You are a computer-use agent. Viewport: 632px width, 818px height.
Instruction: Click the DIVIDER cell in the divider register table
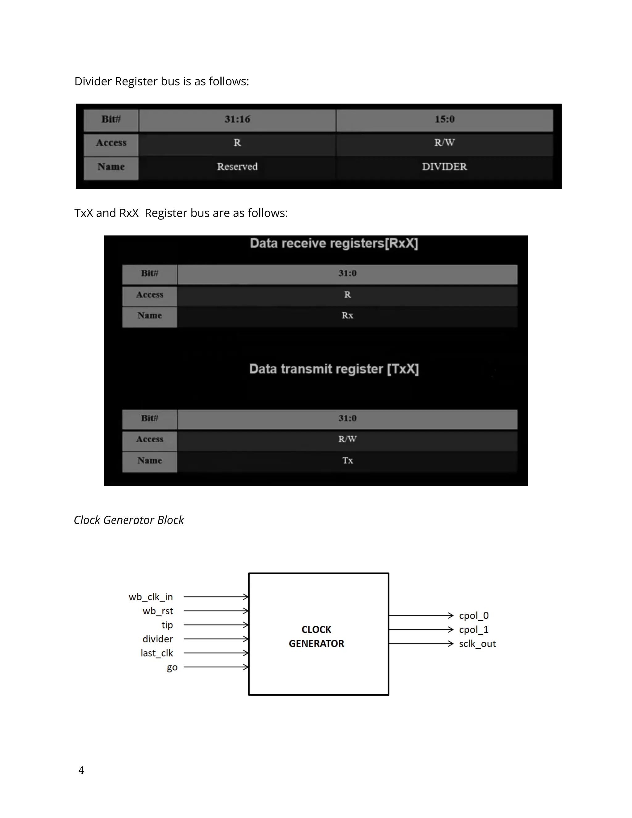click(x=444, y=167)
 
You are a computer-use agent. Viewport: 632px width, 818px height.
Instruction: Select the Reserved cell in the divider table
click(x=237, y=167)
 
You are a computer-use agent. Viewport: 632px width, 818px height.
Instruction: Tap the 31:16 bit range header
click(x=237, y=119)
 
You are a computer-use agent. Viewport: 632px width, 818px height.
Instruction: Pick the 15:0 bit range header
click(x=444, y=119)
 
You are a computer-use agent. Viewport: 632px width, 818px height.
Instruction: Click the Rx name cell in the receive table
click(x=347, y=315)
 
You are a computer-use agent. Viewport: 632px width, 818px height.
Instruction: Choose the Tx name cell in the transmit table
click(x=347, y=460)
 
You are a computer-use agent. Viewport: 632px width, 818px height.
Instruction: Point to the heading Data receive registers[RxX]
click(x=334, y=244)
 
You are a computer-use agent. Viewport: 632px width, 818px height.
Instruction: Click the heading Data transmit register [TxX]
click(x=334, y=369)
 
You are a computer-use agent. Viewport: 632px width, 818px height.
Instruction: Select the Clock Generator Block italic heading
click(x=129, y=520)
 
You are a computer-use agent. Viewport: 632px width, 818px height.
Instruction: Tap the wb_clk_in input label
click(x=151, y=597)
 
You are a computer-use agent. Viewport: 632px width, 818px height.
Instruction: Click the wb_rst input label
click(x=158, y=611)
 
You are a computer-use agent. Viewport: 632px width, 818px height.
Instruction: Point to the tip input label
click(x=167, y=625)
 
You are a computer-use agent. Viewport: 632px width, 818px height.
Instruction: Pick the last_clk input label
click(x=156, y=653)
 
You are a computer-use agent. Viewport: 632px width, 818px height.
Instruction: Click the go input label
click(x=172, y=667)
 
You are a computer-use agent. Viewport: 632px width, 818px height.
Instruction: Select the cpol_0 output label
click(x=474, y=616)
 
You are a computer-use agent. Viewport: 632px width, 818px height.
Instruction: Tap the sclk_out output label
click(x=477, y=644)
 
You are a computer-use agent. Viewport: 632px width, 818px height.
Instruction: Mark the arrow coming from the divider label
click(x=216, y=639)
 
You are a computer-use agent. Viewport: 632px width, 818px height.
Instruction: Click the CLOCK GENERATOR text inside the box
click(x=316, y=636)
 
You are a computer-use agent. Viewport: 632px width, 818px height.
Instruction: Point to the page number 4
click(x=81, y=770)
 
